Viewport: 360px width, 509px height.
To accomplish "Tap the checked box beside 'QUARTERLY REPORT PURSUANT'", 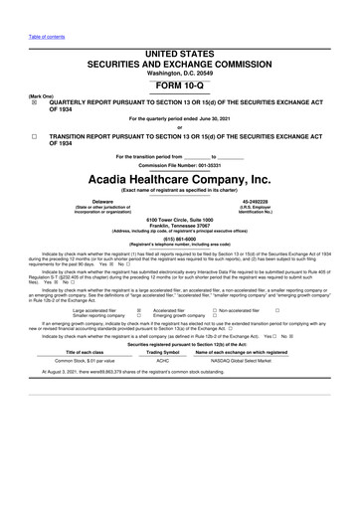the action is pos(35,102).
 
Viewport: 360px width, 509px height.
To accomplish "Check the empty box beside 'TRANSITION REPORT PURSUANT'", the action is pos(35,135).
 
